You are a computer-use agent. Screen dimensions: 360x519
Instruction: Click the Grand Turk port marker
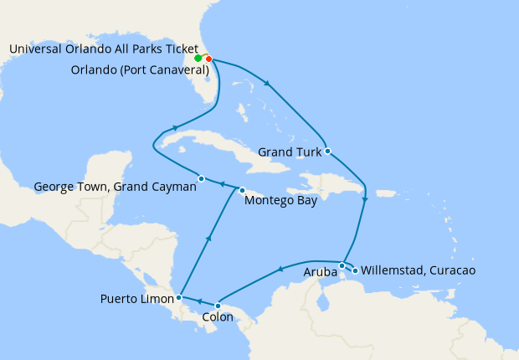pyautogui.click(x=328, y=152)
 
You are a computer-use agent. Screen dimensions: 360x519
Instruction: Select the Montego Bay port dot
pyautogui.click(x=243, y=189)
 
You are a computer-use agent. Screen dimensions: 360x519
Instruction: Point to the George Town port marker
pyautogui.click(x=202, y=178)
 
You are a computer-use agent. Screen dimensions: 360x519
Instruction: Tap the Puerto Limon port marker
pyautogui.click(x=179, y=297)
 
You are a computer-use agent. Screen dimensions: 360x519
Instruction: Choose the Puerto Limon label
pyautogui.click(x=137, y=298)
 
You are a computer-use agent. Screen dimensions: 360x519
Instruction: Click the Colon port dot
pyautogui.click(x=218, y=306)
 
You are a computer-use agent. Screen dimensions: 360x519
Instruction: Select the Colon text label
pyautogui.click(x=219, y=318)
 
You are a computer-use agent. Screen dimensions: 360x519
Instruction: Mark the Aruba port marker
pyautogui.click(x=342, y=265)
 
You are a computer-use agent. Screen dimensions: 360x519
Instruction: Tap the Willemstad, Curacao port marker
pyautogui.click(x=356, y=270)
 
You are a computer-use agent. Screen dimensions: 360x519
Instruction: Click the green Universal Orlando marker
pyautogui.click(x=198, y=59)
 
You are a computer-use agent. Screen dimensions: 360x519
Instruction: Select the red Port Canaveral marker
pyautogui.click(x=208, y=59)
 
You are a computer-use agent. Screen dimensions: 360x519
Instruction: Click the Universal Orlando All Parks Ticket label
pyautogui.click(x=104, y=49)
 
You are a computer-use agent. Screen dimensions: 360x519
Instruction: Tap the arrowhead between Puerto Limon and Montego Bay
pyautogui.click(x=207, y=239)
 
